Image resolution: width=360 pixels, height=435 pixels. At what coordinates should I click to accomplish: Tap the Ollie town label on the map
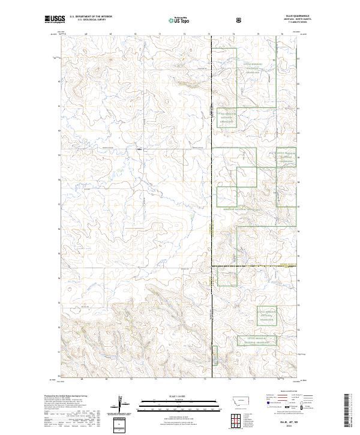point(139,149)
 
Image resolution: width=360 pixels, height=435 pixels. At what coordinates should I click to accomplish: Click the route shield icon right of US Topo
point(239,20)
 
